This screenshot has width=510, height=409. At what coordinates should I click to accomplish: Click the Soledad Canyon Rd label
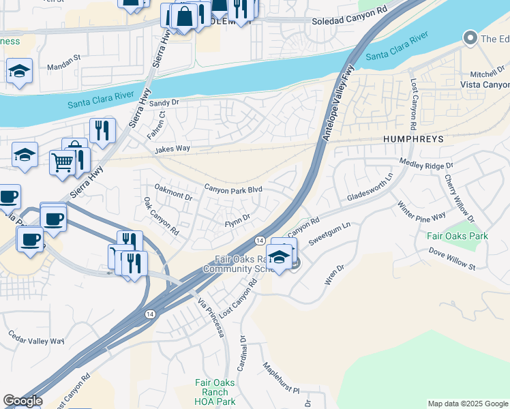coord(348,21)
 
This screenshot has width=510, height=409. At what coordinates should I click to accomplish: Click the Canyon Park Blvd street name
coord(234,189)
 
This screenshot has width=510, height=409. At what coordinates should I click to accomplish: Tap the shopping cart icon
coord(61,162)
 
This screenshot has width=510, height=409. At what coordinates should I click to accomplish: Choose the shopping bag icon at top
coord(184,16)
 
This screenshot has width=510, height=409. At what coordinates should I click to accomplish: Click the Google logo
coord(22,401)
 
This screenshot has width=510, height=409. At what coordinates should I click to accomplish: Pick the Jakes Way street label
coord(171,148)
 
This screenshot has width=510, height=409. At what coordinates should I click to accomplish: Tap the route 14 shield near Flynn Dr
coord(260,241)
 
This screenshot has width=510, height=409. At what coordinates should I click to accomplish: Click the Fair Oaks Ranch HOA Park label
coord(215,392)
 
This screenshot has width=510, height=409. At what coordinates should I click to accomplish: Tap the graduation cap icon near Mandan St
coord(20,71)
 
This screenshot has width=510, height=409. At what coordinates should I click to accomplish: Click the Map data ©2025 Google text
coord(467,404)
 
